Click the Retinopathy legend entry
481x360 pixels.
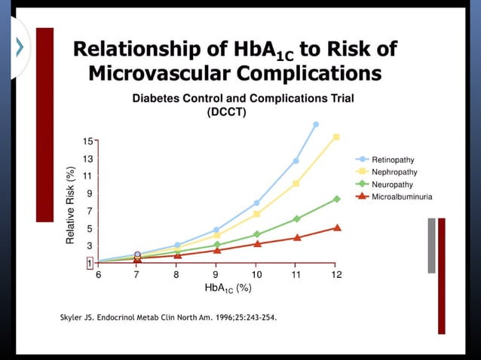[392, 160]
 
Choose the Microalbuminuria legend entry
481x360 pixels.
[400, 196]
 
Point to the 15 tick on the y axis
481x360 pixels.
[87, 141]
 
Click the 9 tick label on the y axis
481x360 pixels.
[88, 194]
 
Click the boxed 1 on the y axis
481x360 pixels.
[88, 263]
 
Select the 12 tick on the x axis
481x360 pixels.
[336, 275]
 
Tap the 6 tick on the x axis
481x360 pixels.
[98, 275]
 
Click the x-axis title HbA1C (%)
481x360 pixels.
[228, 288]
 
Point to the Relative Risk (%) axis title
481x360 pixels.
[70, 204]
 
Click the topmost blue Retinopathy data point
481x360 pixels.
[316, 124]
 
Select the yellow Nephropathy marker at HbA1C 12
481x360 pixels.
[336, 137]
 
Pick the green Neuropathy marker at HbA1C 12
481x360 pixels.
[336, 199]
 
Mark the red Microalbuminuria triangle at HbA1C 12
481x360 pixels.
[336, 227]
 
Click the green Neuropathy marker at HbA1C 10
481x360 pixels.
[256, 234]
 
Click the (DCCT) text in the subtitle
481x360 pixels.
[226, 112]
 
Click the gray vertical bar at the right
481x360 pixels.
[431, 246]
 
